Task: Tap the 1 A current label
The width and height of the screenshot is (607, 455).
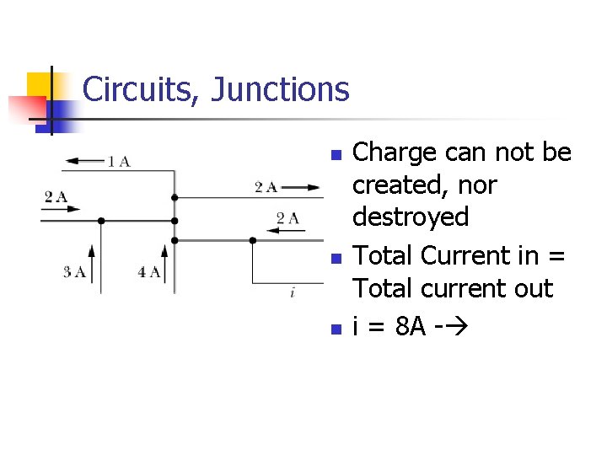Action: pyautogui.click(x=119, y=161)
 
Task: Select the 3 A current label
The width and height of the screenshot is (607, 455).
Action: pyautogui.click(x=74, y=271)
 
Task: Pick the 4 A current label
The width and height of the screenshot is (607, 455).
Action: pyautogui.click(x=149, y=271)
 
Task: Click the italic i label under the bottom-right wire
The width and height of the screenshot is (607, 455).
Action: pyautogui.click(x=292, y=293)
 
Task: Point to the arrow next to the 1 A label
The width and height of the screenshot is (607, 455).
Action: pyautogui.click(x=83, y=160)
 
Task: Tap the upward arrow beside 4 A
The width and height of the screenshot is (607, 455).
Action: pyautogui.click(x=165, y=261)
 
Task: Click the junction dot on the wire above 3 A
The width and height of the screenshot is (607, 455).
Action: pyautogui.click(x=101, y=221)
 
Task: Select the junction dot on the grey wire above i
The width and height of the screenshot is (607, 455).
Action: pyautogui.click(x=252, y=240)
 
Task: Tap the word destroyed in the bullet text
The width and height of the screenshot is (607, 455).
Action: pyautogui.click(x=411, y=217)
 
